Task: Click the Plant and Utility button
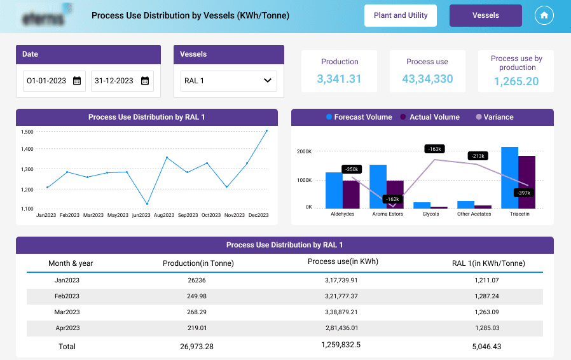pos(400,15)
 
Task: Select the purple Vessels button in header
pos(485,15)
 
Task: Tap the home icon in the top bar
pos(544,15)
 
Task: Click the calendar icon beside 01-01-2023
pos(77,81)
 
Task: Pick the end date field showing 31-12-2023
pos(121,81)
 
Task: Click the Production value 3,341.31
pos(340,79)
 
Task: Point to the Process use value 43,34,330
pos(427,79)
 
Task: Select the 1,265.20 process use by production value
pos(516,81)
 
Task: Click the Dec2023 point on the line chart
pos(266,131)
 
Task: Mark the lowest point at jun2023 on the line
pos(147,204)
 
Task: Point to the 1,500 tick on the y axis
pos(27,132)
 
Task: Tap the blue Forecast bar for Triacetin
pos(509,177)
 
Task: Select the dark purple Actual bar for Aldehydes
pos(351,194)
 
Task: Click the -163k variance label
pos(434,149)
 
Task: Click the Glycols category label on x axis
pos(430,214)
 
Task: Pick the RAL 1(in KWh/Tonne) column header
pos(488,263)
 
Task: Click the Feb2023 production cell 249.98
pos(198,296)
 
